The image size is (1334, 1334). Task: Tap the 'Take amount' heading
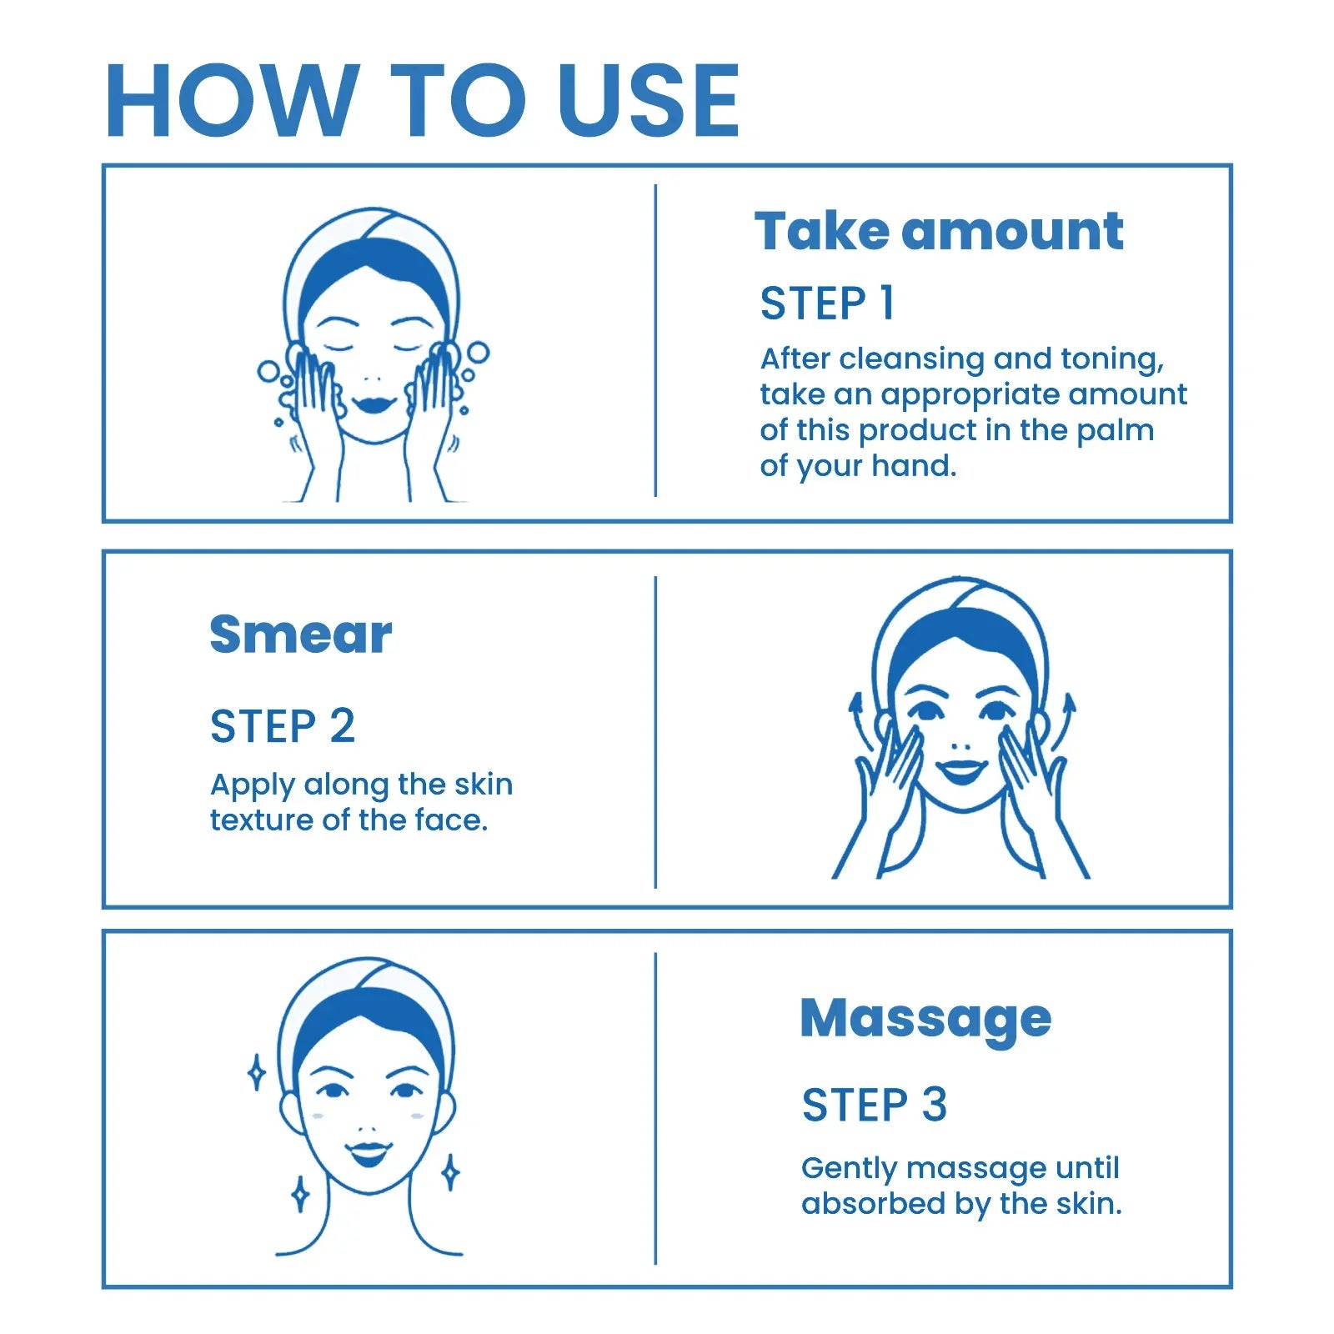click(x=939, y=231)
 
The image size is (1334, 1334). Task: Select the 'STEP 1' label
click(x=827, y=303)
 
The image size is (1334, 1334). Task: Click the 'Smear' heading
click(x=300, y=634)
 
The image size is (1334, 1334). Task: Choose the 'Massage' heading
click(x=925, y=1018)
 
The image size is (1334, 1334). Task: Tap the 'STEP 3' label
click(x=874, y=1105)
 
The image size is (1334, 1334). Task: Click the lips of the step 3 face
click(x=369, y=1153)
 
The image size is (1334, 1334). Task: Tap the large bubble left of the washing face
click(x=268, y=370)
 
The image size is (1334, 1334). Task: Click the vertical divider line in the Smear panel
click(x=655, y=731)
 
